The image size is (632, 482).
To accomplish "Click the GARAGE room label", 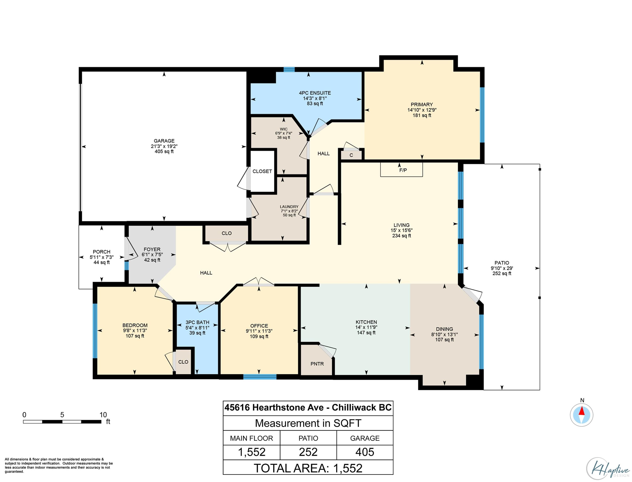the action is click(x=164, y=141).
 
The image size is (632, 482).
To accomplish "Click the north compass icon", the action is click(x=581, y=415).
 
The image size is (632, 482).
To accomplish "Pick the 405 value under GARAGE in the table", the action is click(x=365, y=452).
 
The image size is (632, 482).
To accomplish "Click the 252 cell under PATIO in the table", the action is click(x=308, y=452).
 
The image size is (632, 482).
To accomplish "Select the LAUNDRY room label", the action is click(x=289, y=206).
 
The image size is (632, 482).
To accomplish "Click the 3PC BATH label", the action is click(x=197, y=322).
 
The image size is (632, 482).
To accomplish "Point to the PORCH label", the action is click(x=101, y=252).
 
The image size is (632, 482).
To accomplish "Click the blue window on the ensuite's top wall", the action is click(x=289, y=69).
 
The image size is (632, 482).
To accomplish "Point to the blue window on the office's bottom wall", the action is click(x=260, y=377).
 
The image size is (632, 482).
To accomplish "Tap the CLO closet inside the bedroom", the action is click(x=183, y=361).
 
